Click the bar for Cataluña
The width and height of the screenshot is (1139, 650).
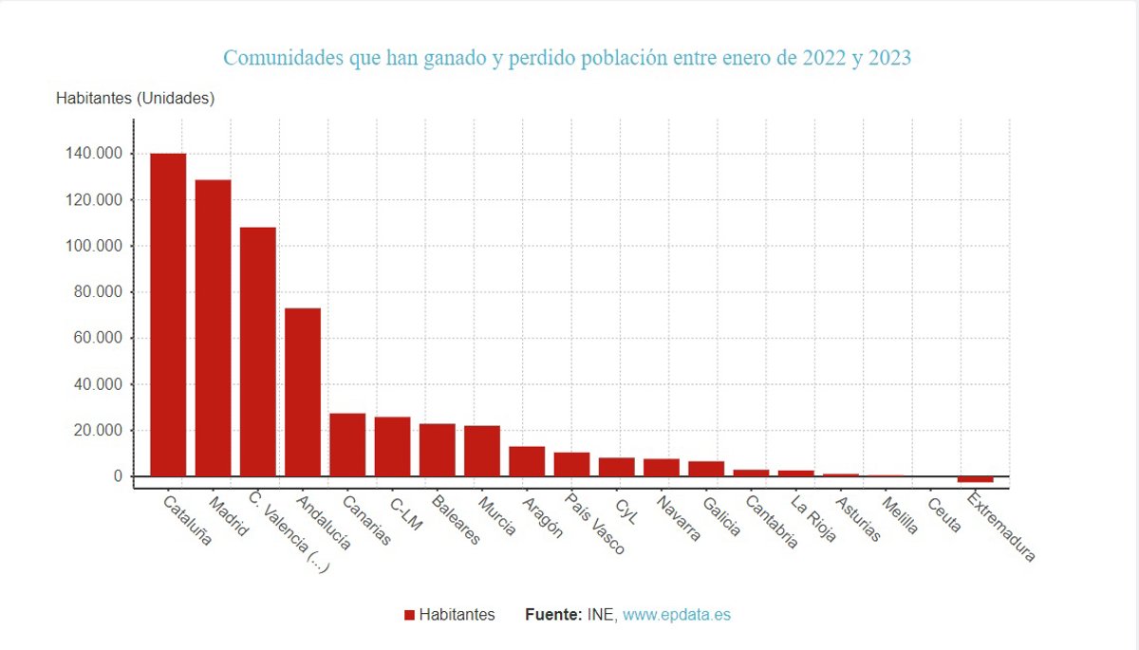168,314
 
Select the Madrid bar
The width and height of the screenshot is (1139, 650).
213,327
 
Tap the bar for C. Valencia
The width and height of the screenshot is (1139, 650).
257,351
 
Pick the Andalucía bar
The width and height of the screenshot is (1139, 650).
303,391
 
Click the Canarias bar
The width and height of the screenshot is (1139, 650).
347,444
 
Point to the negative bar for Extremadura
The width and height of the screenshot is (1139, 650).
975,479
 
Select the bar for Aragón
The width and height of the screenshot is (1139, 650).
527,461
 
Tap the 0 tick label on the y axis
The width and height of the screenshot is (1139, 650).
119,476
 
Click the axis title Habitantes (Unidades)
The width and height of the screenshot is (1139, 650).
135,98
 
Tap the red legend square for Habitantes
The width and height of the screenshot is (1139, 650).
409,615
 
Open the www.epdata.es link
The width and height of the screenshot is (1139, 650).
677,615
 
